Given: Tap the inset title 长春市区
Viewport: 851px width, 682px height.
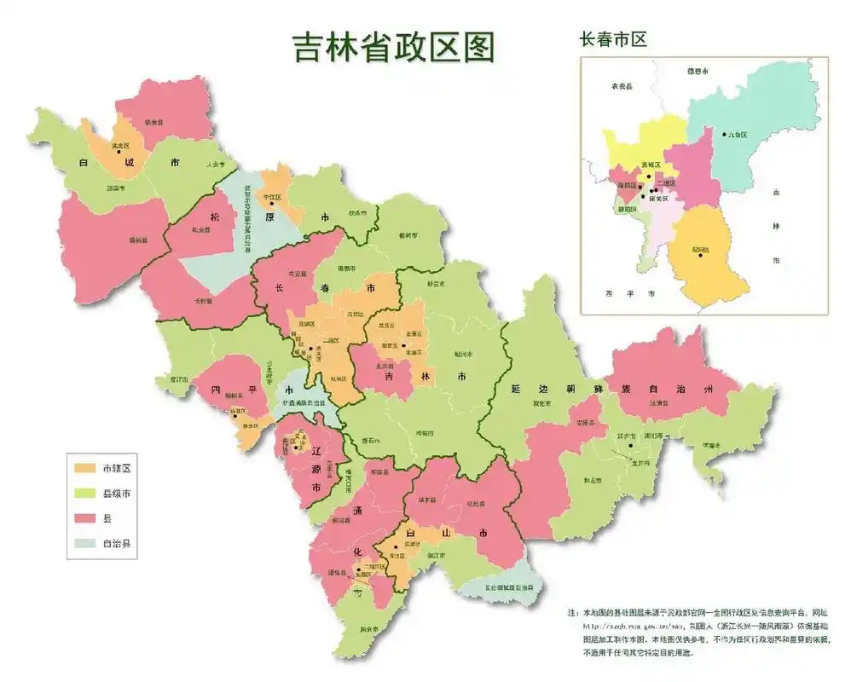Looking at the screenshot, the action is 612,39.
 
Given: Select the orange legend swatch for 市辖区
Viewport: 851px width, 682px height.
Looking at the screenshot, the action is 85,468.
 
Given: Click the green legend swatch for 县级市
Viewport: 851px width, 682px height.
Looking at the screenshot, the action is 85,493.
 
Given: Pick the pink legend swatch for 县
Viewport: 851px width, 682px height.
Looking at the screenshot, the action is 85,517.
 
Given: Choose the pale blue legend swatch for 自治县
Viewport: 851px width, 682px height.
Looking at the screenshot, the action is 85,542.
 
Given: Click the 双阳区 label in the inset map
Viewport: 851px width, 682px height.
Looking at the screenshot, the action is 701,250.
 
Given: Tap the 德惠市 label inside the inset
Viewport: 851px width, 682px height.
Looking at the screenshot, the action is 698,72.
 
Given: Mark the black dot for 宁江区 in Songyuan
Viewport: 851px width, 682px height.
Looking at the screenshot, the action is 271,203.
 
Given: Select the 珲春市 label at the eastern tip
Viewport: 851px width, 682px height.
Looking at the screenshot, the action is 712,445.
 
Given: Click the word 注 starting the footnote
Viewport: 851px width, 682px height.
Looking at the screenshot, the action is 570,613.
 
